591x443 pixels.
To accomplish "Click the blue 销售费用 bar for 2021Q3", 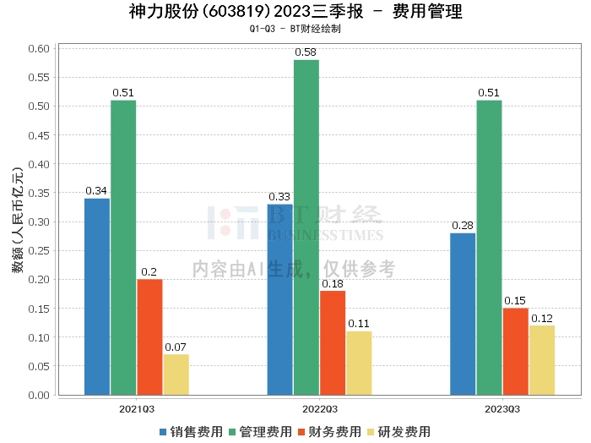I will click(x=97, y=296).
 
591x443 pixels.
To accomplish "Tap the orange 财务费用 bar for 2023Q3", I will click(x=515, y=351).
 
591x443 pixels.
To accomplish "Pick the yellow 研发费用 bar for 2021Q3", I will click(x=176, y=375).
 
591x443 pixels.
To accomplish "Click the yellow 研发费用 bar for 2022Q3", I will click(x=359, y=363).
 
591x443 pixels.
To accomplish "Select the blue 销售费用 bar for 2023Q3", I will click(x=463, y=314).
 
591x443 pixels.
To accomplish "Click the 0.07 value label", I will click(x=176, y=347).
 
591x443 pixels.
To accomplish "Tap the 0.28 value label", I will click(x=463, y=226).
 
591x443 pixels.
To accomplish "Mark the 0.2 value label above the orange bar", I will click(x=149, y=272).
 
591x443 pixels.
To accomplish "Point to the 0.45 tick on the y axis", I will click(x=39, y=135).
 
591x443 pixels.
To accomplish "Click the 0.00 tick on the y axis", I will click(x=39, y=395).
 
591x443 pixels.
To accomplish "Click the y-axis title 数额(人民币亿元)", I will click(x=17, y=221).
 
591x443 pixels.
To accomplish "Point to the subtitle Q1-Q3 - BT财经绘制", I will click(x=295, y=29).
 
